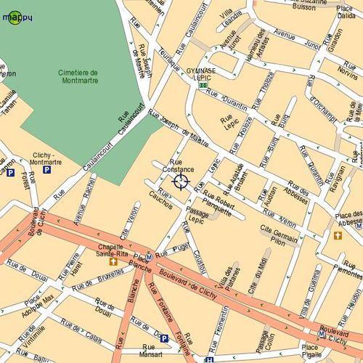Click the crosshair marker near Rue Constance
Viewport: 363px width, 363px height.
tap(181, 181)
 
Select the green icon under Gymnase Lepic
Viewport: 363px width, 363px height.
tap(203, 85)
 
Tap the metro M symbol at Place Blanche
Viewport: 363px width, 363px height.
tap(149, 256)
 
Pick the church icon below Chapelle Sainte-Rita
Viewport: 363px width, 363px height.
tap(113, 262)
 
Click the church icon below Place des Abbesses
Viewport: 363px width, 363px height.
tap(337, 235)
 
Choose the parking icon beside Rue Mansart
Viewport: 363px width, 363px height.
tap(163, 338)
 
